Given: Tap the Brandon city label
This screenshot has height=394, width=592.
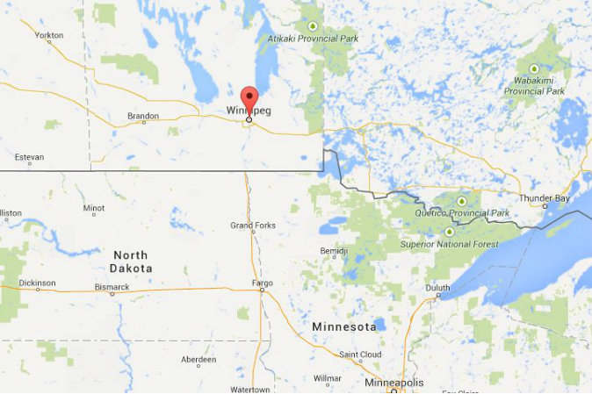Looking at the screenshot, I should (142, 116).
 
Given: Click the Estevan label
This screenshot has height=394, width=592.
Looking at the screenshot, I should (28, 158).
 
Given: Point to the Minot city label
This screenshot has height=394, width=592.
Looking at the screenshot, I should (94, 209).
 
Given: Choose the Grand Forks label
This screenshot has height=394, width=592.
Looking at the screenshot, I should (253, 226).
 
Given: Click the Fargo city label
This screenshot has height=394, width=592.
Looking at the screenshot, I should (262, 283).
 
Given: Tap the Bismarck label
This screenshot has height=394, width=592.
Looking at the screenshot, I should (113, 287).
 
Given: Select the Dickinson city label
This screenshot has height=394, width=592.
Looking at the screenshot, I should (37, 283).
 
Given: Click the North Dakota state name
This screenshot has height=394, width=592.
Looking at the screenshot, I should (132, 261).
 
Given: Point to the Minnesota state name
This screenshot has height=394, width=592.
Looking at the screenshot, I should (344, 326).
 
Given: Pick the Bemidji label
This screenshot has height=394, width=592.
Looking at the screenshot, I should (334, 251).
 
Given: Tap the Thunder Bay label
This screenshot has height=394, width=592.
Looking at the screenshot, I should (544, 198).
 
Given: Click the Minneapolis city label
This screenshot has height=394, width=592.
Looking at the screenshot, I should (393, 383).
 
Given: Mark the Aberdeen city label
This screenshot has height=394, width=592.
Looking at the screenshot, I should (199, 360).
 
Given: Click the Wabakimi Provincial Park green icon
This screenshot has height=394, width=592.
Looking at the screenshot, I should (534, 68).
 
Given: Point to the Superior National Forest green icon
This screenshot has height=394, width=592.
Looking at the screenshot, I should (450, 231).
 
